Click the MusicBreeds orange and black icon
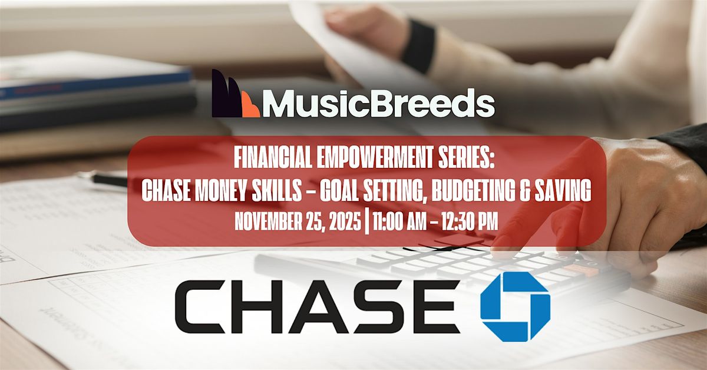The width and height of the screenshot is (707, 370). click(x=235, y=94)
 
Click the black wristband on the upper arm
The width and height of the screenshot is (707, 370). click(x=418, y=45)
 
